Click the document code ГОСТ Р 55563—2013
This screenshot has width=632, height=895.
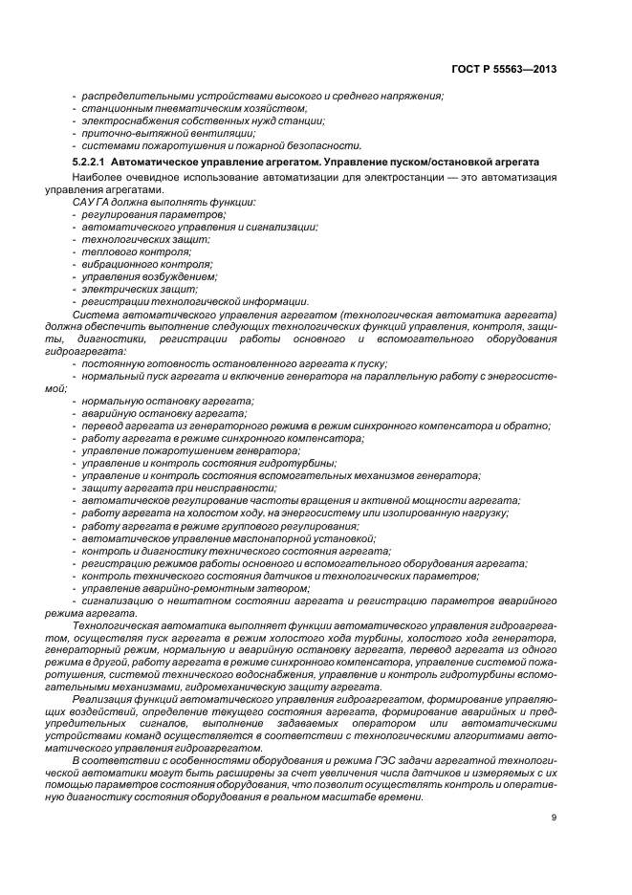tap(503, 68)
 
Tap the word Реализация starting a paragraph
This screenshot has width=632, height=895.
tap(103, 699)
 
